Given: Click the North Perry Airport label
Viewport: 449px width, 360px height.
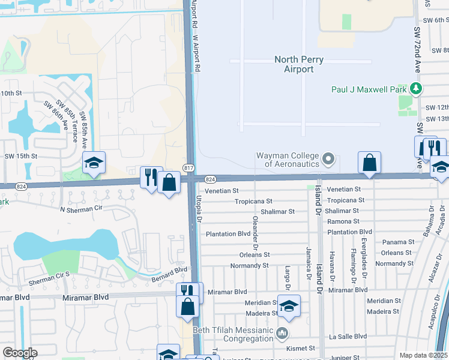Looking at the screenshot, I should (299, 64).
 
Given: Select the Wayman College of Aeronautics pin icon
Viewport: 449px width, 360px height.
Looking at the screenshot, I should (328, 159).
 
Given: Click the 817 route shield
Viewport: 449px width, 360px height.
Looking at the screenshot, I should (189, 167).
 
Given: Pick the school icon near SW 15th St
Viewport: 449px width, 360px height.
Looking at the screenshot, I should (94, 162).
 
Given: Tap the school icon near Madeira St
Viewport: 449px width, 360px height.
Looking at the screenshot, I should (289, 306).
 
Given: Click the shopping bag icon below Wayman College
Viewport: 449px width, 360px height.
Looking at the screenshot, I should (369, 162).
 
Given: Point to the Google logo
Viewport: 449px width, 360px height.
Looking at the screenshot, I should (20, 353).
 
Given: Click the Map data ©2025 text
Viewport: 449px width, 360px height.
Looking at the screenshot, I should (423, 355).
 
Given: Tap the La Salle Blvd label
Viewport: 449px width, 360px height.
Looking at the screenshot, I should (348, 337).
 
